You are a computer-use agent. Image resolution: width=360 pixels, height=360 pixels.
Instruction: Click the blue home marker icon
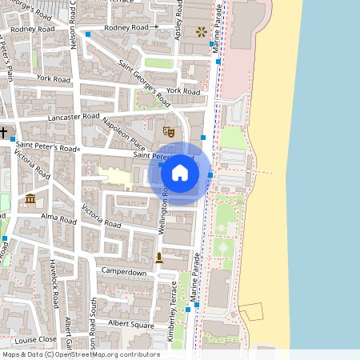pyautogui.click(x=180, y=172)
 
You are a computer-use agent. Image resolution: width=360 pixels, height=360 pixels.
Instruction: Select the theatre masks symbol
pyautogui.click(x=168, y=130)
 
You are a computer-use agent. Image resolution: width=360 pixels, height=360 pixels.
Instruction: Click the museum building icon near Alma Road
pyautogui.click(x=30, y=198)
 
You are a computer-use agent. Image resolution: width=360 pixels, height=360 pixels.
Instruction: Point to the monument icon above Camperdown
pyautogui.click(x=159, y=258)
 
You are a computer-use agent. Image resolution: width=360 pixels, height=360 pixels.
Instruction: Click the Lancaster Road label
pyautogui.click(x=74, y=117)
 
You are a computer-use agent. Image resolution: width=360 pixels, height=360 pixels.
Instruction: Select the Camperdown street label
pyautogui.click(x=123, y=273)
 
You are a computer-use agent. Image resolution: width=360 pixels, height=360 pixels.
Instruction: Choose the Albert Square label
pyautogui.click(x=131, y=325)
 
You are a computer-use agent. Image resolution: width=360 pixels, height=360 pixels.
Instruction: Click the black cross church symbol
pyautogui.click(x=4, y=132)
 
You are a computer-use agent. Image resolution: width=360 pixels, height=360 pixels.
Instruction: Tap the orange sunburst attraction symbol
pyautogui.click(x=200, y=32)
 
